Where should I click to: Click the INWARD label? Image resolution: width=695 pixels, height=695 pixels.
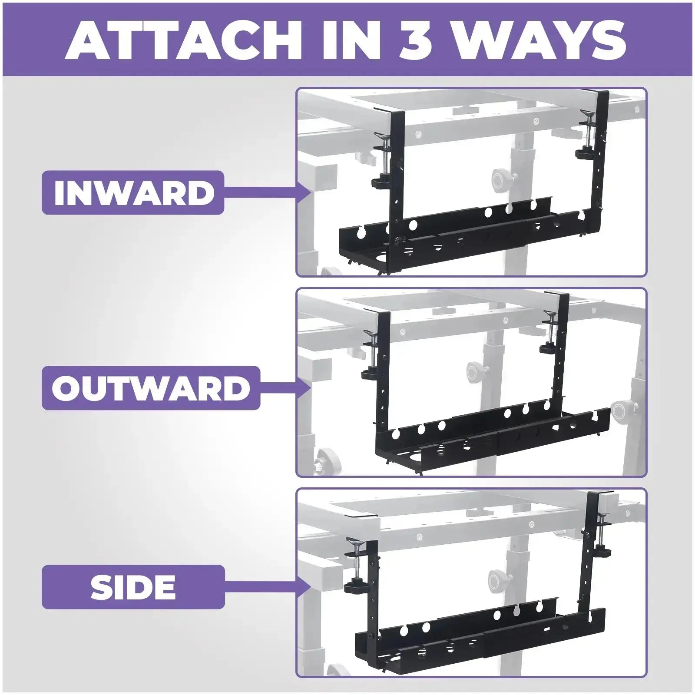pos(133,192)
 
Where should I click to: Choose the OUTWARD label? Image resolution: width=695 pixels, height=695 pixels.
pos(151,387)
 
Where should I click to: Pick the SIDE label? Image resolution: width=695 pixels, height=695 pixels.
pos(133,587)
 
